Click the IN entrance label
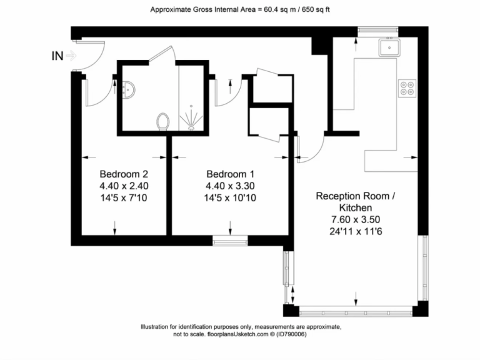point(57,56)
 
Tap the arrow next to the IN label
point(71,56)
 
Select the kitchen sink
point(389,47)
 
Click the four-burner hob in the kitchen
point(407,88)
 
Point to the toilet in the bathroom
point(162,121)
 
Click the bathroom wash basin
point(129,90)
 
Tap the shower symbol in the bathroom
point(191,118)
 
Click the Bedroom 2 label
point(124,174)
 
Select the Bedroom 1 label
point(230,174)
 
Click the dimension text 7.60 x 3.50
point(356,219)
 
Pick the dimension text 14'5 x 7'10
point(124,197)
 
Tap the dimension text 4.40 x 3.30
point(230,186)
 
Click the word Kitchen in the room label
point(356,207)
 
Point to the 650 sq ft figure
point(316,9)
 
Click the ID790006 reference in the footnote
point(291,334)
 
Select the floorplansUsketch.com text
point(237,334)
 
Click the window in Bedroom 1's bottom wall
point(230,241)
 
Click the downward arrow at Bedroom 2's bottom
point(115,228)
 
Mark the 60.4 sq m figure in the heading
point(280,9)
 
